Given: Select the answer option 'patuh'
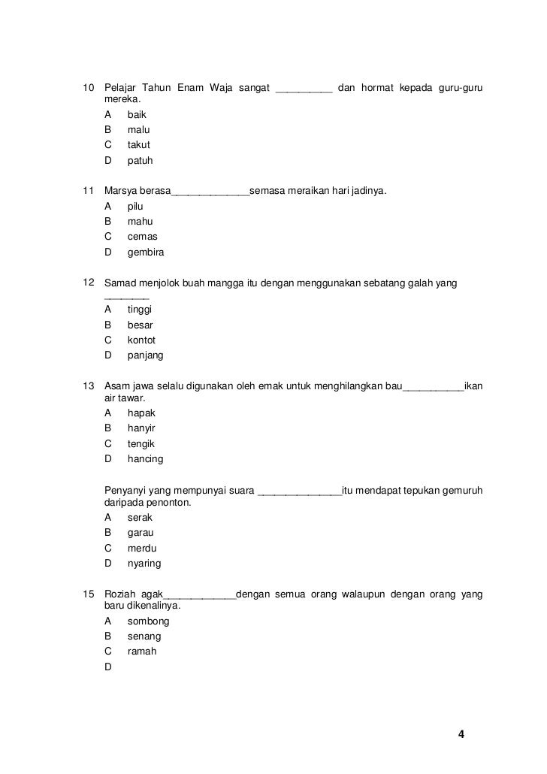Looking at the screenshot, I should (x=140, y=161).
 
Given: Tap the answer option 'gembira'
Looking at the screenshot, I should (x=146, y=252).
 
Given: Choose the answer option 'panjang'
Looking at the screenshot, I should (x=145, y=355).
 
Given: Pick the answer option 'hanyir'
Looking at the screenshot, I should (x=141, y=428).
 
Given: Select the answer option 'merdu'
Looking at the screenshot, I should (x=142, y=549).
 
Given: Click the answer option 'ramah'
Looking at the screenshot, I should (x=142, y=652).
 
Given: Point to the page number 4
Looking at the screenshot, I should (x=461, y=734).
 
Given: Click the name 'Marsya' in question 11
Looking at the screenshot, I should (x=121, y=192).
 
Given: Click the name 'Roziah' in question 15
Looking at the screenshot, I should (x=121, y=596).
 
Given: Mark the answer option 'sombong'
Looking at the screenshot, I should (x=148, y=621).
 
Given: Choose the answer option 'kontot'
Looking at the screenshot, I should (x=141, y=340).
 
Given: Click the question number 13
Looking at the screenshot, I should (x=87, y=387).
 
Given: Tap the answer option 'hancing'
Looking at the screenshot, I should (x=145, y=459).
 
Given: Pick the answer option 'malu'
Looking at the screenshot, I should (x=138, y=130).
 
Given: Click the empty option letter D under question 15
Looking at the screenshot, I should (x=108, y=667).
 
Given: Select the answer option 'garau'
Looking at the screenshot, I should (x=141, y=533).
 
